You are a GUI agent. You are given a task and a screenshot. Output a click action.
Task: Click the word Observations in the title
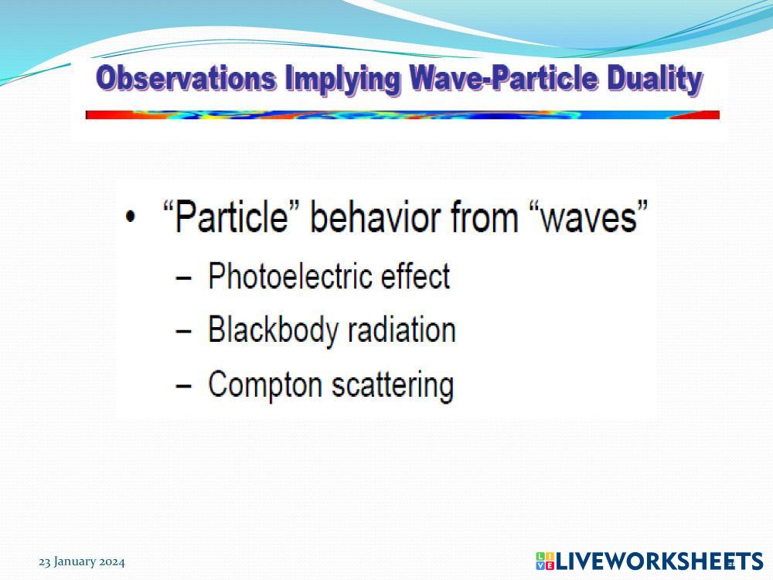tap(186, 78)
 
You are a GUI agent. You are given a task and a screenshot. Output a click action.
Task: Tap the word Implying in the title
tap(342, 80)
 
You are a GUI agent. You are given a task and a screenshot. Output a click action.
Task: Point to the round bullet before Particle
tap(130, 217)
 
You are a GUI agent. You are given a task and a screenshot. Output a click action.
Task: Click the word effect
tap(416, 276)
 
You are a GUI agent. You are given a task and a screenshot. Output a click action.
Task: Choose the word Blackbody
tap(274, 330)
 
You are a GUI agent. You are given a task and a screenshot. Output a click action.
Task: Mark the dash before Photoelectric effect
tap(183, 278)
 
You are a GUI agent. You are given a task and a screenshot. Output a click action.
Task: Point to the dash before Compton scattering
tap(183, 386)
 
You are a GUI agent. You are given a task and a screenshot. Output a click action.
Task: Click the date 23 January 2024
tap(82, 561)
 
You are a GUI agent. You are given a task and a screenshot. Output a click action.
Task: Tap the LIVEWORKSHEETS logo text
tap(659, 561)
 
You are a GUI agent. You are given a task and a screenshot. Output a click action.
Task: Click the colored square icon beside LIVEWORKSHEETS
tap(545, 561)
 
